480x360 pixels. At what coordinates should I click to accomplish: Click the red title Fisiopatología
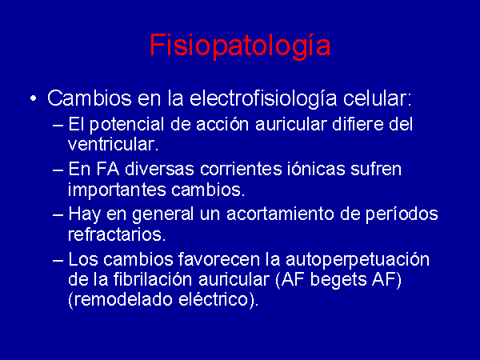[x=240, y=46]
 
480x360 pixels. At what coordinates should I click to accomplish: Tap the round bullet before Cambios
[x=33, y=99]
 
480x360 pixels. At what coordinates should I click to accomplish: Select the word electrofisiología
[x=262, y=99]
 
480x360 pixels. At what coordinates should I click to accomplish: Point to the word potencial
[x=127, y=125]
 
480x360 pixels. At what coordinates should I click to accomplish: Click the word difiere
[x=358, y=124]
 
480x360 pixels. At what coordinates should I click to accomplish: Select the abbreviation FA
[x=108, y=170]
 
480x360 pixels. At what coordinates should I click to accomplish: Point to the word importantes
[x=117, y=190]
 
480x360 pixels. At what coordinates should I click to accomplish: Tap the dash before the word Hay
[x=58, y=214]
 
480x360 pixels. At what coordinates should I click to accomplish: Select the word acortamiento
[x=280, y=214]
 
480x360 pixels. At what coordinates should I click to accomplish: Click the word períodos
[x=402, y=214]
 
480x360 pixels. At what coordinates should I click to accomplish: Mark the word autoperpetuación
[x=358, y=260]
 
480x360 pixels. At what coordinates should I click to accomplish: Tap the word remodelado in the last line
[x=123, y=299]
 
